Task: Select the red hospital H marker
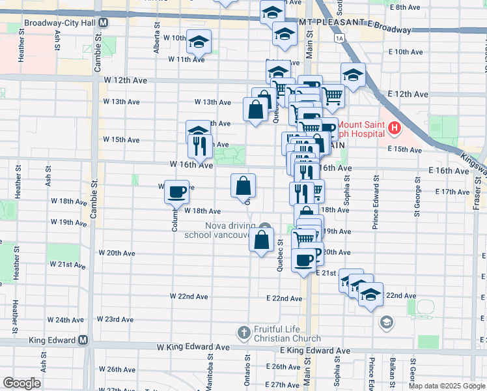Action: tap(394, 129)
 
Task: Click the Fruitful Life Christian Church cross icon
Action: tap(244, 333)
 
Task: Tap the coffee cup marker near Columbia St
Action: tap(177, 192)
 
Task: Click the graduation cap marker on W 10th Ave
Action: tap(199, 43)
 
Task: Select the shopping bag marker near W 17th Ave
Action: tap(244, 186)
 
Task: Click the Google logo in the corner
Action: tap(21, 383)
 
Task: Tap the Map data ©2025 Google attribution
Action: tap(447, 386)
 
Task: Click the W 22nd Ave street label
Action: tap(189, 297)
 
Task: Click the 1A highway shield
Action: tap(339, 38)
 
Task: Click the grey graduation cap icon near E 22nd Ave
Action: tap(386, 322)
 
